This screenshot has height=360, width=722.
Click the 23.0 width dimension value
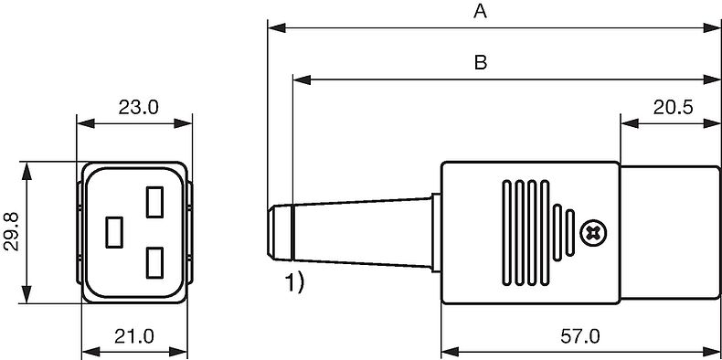pos(138,108)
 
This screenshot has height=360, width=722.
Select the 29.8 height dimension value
pos(11,232)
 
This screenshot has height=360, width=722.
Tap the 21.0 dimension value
pos(134,336)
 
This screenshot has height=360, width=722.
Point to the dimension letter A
pos(480,12)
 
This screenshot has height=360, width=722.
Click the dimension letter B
pos(480,63)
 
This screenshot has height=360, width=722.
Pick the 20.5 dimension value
pos(673,108)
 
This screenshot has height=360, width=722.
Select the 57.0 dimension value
pos(580,336)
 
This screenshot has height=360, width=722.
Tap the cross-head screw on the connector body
pos(593,233)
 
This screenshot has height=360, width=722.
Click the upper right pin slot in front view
pos(154,202)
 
